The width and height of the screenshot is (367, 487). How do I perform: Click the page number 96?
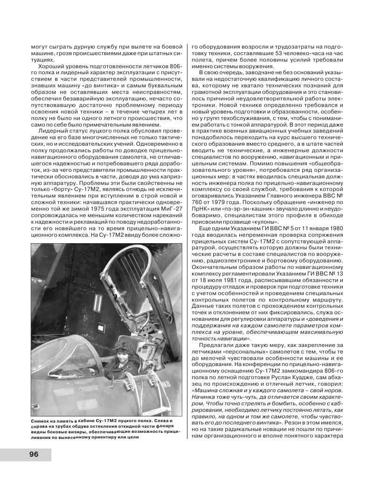pos(34,454)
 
